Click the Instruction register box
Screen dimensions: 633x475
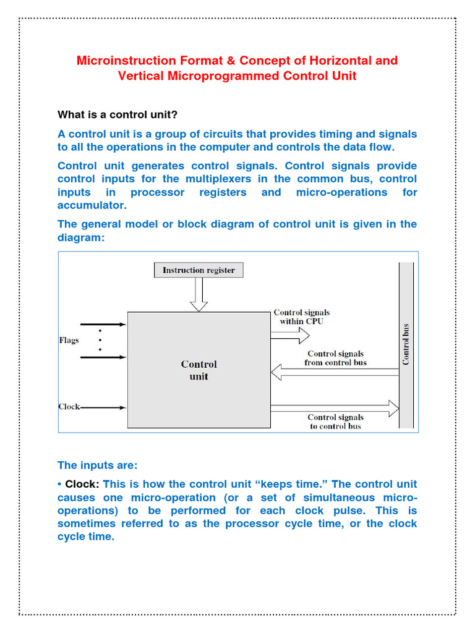pos(199,270)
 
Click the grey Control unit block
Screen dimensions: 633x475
pos(199,370)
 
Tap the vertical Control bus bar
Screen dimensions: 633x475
pos(406,345)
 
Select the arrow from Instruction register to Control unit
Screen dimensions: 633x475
pos(199,294)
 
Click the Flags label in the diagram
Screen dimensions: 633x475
pos(69,341)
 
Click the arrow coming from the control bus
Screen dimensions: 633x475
pos(334,372)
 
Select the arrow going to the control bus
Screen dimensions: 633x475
pos(334,407)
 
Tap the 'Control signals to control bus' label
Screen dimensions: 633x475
pos(335,422)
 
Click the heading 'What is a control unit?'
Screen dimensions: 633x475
pos(118,114)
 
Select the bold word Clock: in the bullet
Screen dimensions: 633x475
pos(82,484)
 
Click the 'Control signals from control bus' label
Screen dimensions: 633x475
pos(335,359)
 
